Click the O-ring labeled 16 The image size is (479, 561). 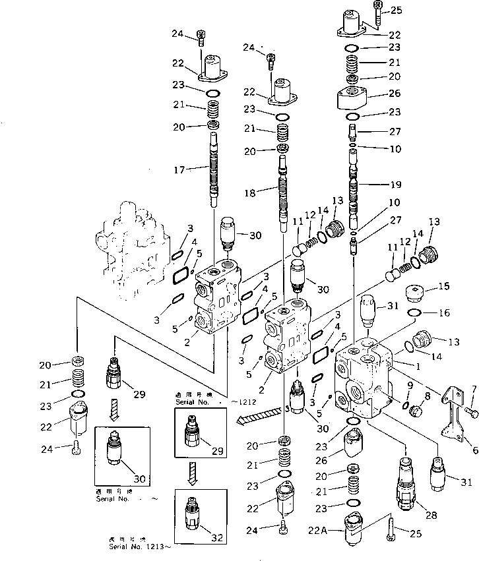(x=414, y=312)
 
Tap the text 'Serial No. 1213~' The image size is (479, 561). (x=140, y=546)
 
